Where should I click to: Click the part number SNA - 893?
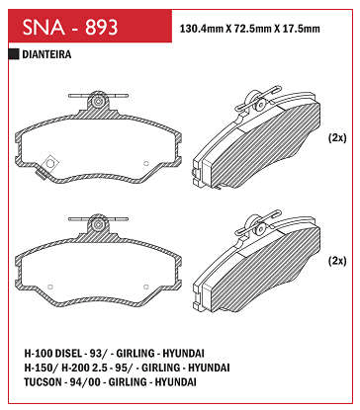tap(70, 27)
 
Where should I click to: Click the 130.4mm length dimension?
tap(202, 29)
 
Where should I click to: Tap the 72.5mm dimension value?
tap(249, 29)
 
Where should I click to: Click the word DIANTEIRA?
tap(46, 54)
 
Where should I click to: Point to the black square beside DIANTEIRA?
tap(14, 54)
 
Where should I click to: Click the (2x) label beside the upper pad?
tap(337, 137)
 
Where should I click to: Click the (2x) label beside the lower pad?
tap(337, 261)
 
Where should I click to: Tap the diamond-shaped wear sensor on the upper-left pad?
tap(50, 163)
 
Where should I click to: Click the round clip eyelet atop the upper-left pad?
tap(98, 102)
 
